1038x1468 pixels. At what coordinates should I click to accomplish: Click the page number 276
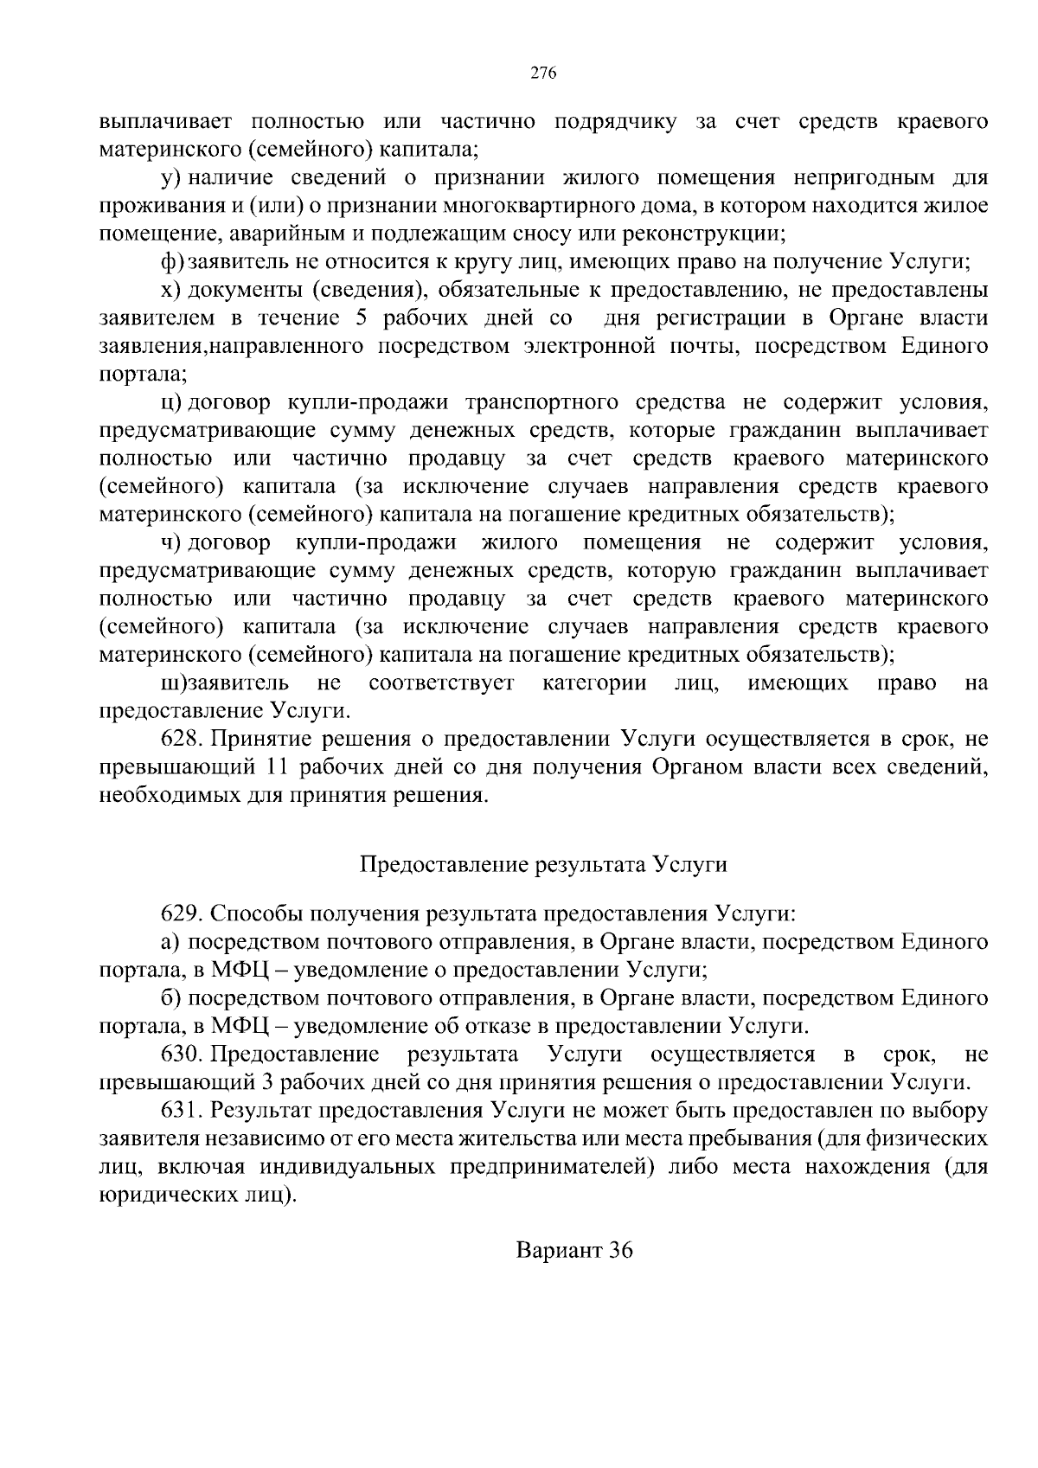[x=542, y=74]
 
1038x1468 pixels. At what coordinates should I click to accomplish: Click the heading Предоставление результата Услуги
[x=542, y=864]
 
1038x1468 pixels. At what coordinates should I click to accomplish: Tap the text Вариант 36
[x=574, y=1250]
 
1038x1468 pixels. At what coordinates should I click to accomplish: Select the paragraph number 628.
[x=181, y=739]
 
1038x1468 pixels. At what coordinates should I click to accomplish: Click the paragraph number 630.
[x=181, y=1055]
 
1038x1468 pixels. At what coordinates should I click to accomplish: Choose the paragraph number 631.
[x=181, y=1111]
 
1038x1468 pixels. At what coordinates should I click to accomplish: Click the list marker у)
[x=170, y=178]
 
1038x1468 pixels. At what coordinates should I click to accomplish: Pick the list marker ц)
[x=170, y=403]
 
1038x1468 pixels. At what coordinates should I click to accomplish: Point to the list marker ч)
[x=170, y=543]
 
